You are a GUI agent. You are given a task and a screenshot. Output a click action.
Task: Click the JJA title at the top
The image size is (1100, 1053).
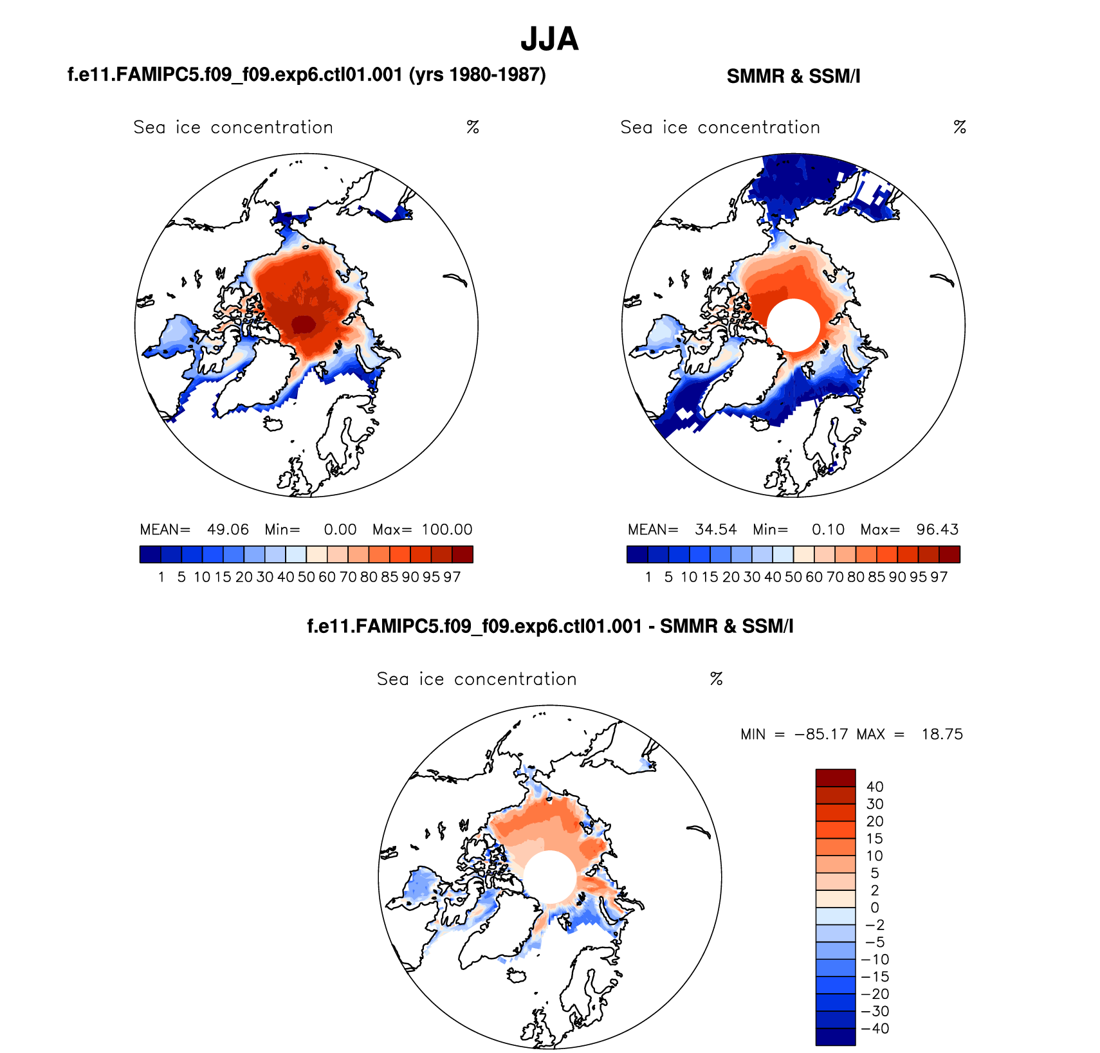coord(549,39)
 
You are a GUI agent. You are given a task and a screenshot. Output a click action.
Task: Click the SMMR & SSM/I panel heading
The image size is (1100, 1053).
coord(793,77)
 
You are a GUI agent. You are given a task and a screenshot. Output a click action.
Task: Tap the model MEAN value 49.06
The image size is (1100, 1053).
coord(228,529)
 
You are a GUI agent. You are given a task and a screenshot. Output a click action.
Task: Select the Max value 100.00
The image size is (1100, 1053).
coord(447,529)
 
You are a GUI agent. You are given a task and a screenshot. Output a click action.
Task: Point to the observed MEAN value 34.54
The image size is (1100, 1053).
coord(715,529)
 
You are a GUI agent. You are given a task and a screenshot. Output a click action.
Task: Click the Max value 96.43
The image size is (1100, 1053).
coord(937,529)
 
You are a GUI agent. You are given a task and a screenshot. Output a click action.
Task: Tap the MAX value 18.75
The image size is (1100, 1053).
coord(942,735)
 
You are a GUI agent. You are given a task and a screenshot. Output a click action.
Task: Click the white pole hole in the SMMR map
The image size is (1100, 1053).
coord(793,325)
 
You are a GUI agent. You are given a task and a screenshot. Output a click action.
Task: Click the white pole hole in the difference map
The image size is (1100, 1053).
coord(549,877)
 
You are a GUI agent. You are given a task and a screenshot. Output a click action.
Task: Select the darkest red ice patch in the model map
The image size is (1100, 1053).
coord(303,324)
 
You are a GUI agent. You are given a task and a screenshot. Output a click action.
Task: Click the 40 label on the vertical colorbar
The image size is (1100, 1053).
coord(875,787)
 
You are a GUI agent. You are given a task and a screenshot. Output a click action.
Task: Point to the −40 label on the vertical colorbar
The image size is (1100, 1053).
coord(875,1029)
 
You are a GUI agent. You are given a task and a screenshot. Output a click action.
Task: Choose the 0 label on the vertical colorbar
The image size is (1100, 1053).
coord(875,908)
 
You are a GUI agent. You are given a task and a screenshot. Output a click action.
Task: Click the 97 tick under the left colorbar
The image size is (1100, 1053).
coord(452,577)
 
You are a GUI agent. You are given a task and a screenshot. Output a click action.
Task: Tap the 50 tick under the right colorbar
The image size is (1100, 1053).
coord(793,577)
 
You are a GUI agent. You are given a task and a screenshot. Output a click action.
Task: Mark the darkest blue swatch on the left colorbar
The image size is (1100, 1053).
coord(150,554)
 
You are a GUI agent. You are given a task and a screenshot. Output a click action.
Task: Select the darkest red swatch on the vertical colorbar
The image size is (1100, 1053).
coord(835,778)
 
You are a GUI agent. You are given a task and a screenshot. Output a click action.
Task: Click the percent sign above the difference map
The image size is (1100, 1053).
coord(716,679)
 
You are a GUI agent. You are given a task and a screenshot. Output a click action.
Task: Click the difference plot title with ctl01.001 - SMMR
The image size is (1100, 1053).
coord(550,627)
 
